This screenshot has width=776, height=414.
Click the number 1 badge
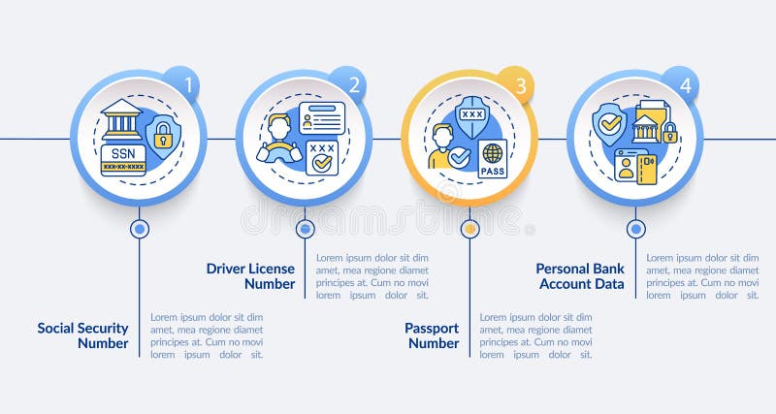coord(189,84)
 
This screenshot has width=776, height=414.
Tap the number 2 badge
coord(354,84)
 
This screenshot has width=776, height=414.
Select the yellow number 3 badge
coord(520,85)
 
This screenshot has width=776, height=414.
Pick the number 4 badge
coord(685,84)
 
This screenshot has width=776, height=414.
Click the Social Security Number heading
coord(82,335)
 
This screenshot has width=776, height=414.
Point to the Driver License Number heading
coord(250,276)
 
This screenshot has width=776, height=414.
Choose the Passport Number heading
coord(432,335)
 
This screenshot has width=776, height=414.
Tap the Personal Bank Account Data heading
coord(580,276)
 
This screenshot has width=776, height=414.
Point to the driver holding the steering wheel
coord(278,140)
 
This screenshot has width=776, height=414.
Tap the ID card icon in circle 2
coord(321,116)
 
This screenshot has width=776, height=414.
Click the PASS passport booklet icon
coord(493,157)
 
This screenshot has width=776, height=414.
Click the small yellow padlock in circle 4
coord(669,132)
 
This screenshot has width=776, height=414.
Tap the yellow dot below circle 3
coord(470,229)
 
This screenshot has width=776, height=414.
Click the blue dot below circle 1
coord(140,229)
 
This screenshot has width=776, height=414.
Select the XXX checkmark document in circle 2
coord(321,156)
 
